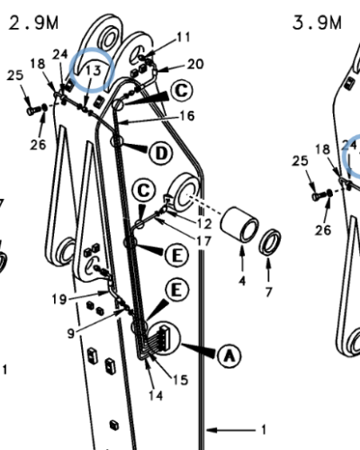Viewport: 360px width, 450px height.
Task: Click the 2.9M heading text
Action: click(x=33, y=22)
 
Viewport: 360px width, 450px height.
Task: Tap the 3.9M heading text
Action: click(x=317, y=22)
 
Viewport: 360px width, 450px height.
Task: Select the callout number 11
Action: click(x=184, y=37)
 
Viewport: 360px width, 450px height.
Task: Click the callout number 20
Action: click(x=195, y=64)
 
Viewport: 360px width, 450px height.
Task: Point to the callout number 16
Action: click(x=187, y=116)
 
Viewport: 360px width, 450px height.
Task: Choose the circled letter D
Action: click(x=161, y=153)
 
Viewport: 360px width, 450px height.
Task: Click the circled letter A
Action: click(x=229, y=355)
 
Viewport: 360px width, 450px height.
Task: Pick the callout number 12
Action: click(x=204, y=223)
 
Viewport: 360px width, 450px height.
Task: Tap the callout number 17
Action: click(x=204, y=240)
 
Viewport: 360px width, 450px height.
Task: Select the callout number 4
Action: click(x=242, y=281)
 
